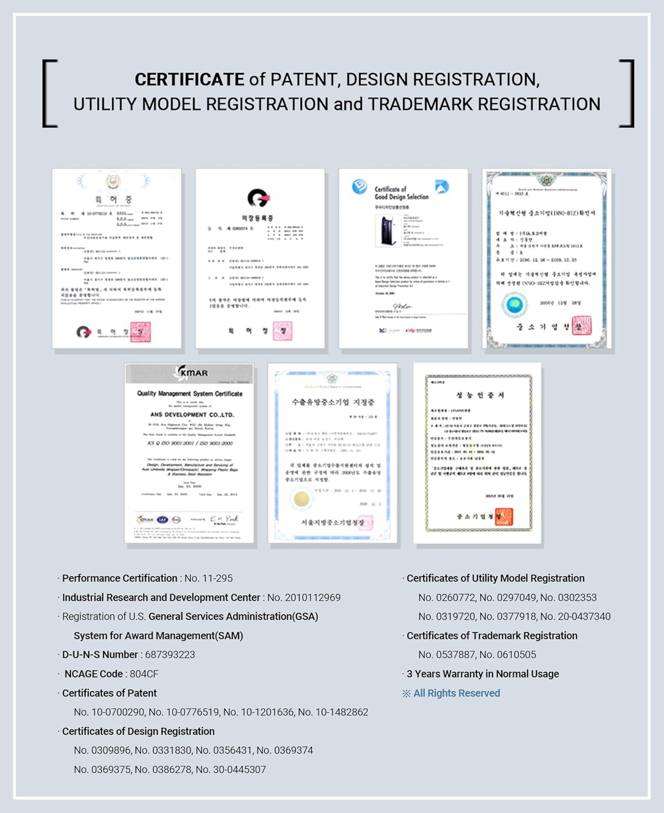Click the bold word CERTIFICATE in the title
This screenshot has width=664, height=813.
click(x=189, y=80)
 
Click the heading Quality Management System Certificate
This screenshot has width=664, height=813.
click(x=190, y=393)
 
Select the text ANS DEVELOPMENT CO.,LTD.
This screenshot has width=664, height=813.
click(x=192, y=415)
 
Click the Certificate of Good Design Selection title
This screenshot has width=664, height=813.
click(x=401, y=193)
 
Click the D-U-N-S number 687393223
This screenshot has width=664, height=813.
click(x=170, y=655)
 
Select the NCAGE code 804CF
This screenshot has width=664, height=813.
click(x=144, y=674)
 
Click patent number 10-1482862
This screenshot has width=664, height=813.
click(x=341, y=712)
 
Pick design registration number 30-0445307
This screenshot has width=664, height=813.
click(x=239, y=770)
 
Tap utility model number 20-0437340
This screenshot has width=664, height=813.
click(x=583, y=617)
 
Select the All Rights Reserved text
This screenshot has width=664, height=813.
click(x=456, y=693)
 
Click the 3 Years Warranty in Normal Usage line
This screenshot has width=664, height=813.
click(x=482, y=674)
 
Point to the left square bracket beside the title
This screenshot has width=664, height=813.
click(x=49, y=93)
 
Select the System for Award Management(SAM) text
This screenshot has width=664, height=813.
click(x=158, y=636)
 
